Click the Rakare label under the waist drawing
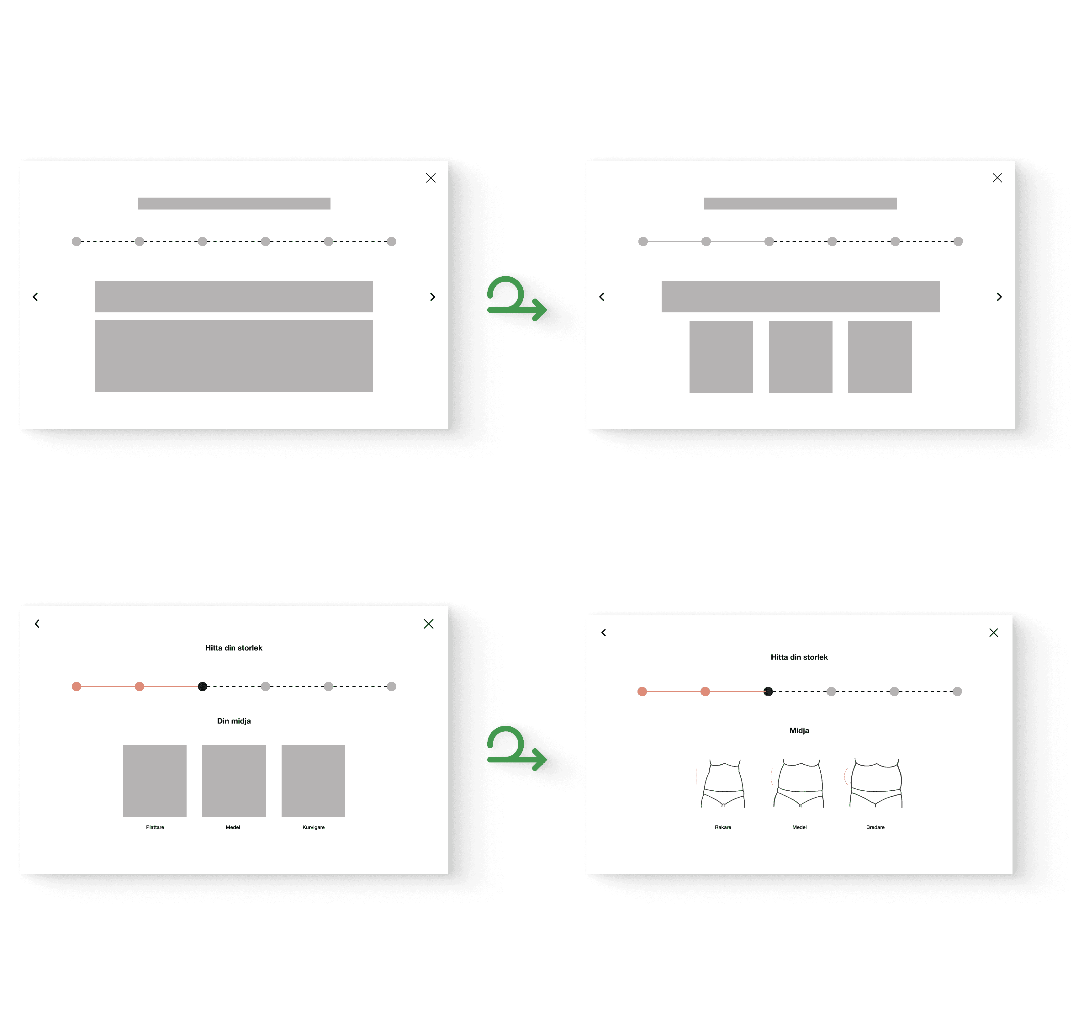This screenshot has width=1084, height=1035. point(723,827)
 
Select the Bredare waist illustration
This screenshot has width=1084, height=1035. point(875,783)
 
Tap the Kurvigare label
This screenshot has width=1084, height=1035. point(313,827)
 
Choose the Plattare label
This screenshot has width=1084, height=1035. point(155,827)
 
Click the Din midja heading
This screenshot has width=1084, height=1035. point(234,721)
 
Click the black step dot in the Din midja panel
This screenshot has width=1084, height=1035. point(203,686)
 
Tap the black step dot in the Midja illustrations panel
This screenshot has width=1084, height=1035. point(768,691)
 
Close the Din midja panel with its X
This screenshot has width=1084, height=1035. point(429,624)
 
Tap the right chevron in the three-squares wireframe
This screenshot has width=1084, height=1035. point(999,297)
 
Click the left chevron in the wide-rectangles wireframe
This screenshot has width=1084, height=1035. point(35,297)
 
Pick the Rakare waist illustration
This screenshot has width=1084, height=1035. point(723,783)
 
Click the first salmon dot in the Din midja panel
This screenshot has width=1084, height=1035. point(77,686)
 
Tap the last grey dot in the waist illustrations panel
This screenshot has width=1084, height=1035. point(957,691)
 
